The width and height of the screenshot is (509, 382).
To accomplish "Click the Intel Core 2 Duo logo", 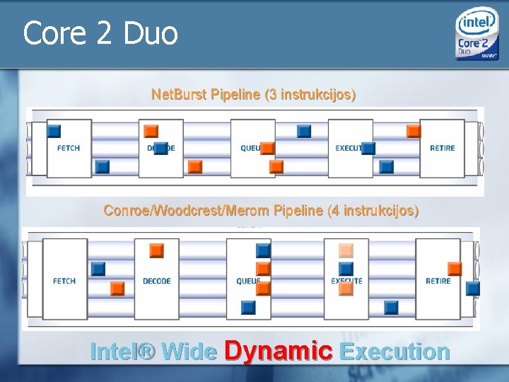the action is (x=477, y=35).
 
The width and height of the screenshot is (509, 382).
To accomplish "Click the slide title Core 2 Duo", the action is (x=100, y=33).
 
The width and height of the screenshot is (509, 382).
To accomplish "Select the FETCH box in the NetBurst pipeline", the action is (x=69, y=148).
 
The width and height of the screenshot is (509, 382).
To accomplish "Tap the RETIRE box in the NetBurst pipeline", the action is (x=443, y=148).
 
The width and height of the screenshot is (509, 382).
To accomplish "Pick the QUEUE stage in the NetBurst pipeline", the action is (x=252, y=148).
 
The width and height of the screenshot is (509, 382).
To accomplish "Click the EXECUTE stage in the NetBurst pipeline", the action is (x=350, y=148).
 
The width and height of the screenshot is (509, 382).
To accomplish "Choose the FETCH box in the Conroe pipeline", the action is (x=64, y=281).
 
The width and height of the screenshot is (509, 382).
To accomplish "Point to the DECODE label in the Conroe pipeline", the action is (x=157, y=281).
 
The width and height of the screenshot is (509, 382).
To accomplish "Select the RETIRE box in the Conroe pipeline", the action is (x=438, y=281).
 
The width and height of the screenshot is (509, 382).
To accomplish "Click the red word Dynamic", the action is (x=278, y=351).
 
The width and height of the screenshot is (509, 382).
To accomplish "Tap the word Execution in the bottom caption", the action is (x=394, y=352).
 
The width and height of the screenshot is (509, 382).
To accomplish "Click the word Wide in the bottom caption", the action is (x=189, y=352).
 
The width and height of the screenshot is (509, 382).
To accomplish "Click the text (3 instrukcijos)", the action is (x=310, y=94).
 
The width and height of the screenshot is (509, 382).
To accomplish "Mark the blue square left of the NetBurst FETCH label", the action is (x=54, y=131).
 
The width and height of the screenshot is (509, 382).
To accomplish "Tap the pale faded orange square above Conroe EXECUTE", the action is (x=346, y=250).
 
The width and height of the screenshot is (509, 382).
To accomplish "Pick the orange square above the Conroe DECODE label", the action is (x=156, y=250).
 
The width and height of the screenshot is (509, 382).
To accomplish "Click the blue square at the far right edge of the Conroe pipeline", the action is (x=473, y=288).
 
